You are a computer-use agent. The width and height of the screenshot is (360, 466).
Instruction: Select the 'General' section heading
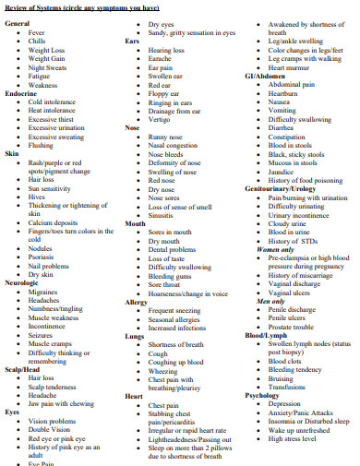pos(17,22)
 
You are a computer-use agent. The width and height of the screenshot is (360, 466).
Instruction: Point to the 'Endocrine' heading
pos(20,93)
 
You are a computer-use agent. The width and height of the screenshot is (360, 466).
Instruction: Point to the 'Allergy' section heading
pos(136,302)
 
